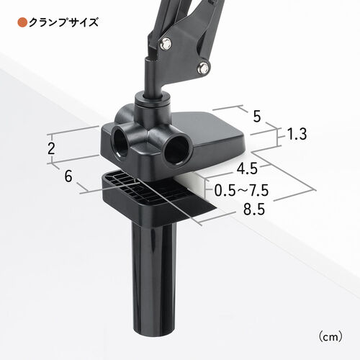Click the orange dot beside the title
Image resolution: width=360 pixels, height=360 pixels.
[22, 22]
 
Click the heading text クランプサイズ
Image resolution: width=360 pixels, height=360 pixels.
[64, 22]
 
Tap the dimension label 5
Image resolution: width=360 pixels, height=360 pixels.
[256, 117]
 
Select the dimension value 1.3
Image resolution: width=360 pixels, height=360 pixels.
[297, 134]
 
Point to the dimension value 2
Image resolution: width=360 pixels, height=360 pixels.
[51, 148]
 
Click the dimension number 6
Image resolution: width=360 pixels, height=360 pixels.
[68, 176]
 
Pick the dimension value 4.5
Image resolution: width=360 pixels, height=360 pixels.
[247, 168]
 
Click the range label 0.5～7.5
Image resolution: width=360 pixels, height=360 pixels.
[241, 191]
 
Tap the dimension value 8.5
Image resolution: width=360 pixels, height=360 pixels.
[254, 210]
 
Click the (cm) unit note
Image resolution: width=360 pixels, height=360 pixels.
[330, 337]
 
